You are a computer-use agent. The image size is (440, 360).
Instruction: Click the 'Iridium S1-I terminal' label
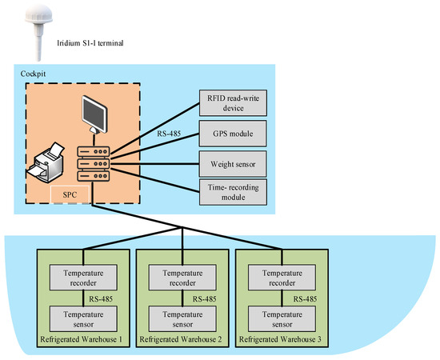click(x=90, y=43)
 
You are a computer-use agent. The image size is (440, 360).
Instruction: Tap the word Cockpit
click(x=33, y=74)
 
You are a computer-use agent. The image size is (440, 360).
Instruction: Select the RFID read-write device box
click(x=233, y=103)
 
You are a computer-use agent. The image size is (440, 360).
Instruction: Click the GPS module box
click(x=233, y=134)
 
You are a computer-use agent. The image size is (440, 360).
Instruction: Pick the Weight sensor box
click(x=233, y=164)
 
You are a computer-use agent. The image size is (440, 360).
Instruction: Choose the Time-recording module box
click(x=233, y=192)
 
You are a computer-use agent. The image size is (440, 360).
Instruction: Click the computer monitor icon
click(x=94, y=114)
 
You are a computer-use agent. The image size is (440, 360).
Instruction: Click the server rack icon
click(x=94, y=163)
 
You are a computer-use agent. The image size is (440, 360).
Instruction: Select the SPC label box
click(x=70, y=194)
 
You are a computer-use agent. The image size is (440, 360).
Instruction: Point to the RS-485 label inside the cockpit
click(x=169, y=134)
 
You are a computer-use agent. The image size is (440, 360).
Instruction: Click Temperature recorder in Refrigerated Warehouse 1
click(x=83, y=278)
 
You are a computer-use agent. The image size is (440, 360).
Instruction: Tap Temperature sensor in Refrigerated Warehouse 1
click(x=83, y=319)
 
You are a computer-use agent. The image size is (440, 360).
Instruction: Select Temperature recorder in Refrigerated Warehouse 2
click(x=182, y=278)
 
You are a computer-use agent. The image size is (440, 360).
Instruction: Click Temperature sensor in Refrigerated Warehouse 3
click(x=282, y=319)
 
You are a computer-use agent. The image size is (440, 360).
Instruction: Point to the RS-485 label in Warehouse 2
click(x=205, y=299)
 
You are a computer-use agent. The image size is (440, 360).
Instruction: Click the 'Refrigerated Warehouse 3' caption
click(x=280, y=339)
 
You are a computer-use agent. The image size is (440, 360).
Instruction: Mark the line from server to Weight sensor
click(x=154, y=164)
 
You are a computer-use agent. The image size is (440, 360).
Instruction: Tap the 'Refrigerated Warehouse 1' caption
click(x=82, y=339)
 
